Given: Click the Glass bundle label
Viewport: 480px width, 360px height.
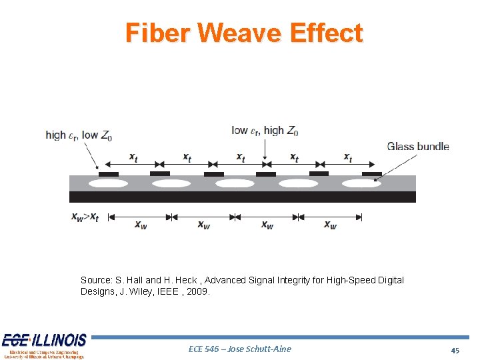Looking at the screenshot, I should coord(418,147).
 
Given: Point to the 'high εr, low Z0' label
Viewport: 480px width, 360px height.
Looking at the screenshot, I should coord(79,135).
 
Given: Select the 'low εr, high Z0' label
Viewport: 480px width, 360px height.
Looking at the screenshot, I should coord(265,131).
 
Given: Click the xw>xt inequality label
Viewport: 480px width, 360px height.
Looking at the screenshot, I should coord(85,217).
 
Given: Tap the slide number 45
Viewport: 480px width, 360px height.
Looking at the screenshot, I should coord(455,350).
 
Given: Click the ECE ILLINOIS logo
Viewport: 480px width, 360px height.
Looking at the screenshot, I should coord(44,346).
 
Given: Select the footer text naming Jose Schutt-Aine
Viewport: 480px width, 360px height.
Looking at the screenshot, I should coord(241,349).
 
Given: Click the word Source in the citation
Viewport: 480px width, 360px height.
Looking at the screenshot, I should coord(97,280).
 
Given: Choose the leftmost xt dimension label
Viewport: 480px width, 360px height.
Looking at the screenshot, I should coord(133,158).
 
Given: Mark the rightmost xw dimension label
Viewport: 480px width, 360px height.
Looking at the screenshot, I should coord(330,225).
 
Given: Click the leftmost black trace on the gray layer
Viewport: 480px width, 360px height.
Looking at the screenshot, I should coord(108,174).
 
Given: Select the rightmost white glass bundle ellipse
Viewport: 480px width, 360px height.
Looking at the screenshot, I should coord(361,183).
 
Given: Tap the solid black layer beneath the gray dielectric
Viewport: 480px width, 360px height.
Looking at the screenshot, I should coord(242,197).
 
